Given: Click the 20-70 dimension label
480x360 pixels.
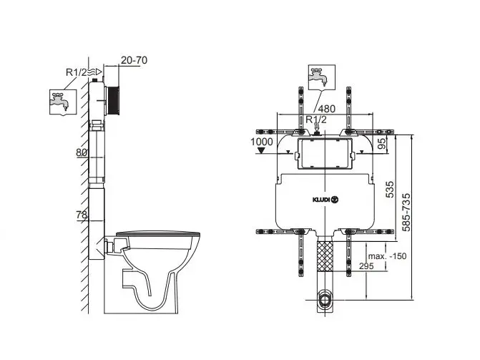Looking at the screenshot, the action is pos(134,60).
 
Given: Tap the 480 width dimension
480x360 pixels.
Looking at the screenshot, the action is pos(327,109).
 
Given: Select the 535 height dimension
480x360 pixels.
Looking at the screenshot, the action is pos(389,190).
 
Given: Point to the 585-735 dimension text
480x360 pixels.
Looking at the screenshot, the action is pos(406,213).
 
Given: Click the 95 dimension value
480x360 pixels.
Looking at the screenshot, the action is pos(382,143).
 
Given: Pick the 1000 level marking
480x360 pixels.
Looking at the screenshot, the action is pos(261,142).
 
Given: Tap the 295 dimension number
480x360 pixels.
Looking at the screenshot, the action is pos(366,266).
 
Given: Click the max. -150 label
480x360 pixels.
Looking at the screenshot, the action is pos(387,256).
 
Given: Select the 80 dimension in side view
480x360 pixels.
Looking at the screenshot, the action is pos(81,152).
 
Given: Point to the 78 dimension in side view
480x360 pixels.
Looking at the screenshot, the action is pos(82,215).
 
